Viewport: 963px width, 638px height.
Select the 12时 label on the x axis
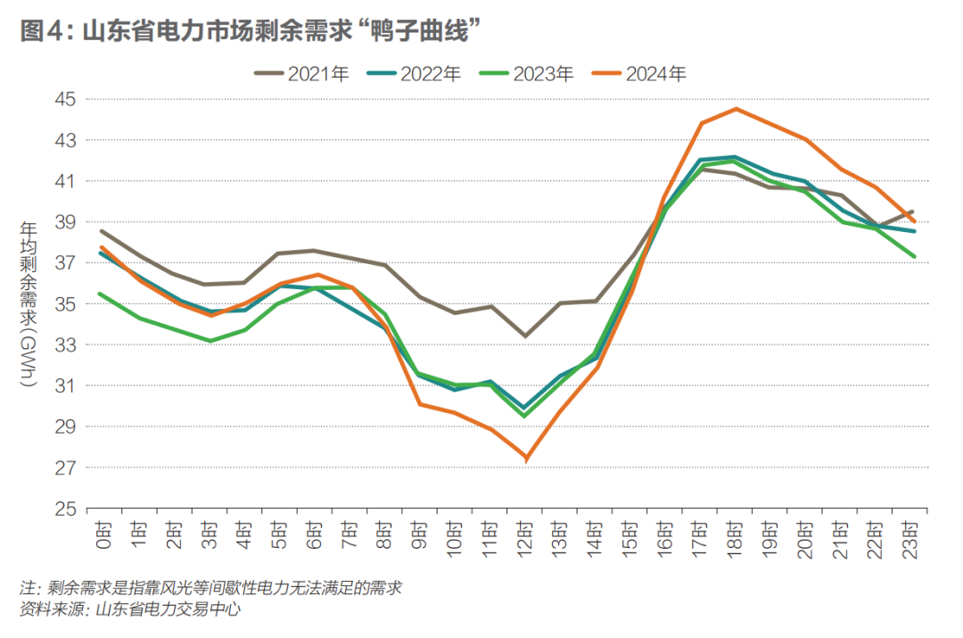(x=526, y=537)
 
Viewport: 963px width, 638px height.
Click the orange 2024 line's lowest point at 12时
(x=526, y=459)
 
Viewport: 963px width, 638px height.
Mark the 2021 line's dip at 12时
(x=526, y=336)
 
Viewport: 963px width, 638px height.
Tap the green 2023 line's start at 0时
(x=102, y=294)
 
